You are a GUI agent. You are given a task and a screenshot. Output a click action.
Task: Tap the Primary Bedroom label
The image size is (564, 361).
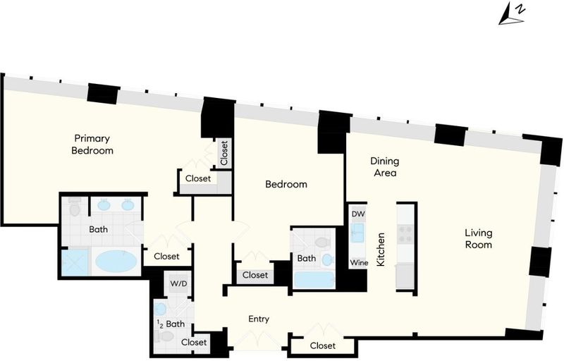tap(92, 144)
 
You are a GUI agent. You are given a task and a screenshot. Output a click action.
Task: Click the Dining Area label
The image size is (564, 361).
tap(385, 167)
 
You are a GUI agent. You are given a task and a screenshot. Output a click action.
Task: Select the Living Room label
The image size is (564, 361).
tap(479, 239)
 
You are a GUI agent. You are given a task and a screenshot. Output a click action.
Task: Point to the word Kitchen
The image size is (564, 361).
tap(380, 250)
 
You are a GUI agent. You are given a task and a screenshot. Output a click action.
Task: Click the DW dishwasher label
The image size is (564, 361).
tap(358, 214)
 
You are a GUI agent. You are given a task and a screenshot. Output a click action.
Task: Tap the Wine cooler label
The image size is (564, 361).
tap(359, 262)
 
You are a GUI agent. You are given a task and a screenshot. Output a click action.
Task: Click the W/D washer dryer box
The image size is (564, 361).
tap(178, 283)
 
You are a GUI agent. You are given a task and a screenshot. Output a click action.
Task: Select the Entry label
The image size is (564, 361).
tap(259, 319)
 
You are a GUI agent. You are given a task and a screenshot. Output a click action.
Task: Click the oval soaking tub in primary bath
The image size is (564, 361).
tap(116, 262)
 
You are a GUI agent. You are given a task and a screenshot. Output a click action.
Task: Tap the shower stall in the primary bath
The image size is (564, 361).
tap(75, 263)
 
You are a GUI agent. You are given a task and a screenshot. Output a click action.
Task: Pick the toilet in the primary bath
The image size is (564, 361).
tap(75, 207)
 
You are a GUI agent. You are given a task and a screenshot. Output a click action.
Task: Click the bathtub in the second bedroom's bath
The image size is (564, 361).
tap(314, 280)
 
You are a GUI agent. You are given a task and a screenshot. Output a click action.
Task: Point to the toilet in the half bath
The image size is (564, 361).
tap(164, 336)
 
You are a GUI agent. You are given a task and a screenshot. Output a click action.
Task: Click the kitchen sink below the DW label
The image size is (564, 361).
tap(357, 233)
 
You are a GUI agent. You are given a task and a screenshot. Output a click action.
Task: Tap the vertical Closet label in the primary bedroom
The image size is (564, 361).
tap(224, 153)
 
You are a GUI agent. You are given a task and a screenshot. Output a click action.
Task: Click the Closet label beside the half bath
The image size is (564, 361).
tap(194, 342)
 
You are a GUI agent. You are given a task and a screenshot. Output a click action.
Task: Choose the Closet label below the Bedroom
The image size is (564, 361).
tap(255, 275)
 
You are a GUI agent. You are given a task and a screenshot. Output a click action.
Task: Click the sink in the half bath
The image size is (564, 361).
tap(160, 310)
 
